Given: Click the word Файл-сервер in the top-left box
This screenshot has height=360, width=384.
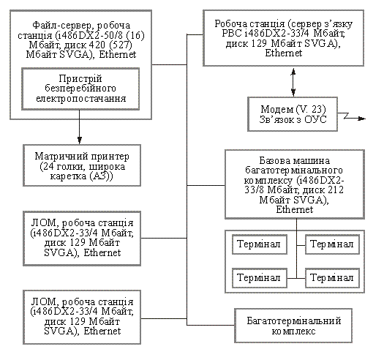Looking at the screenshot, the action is tap(63, 25).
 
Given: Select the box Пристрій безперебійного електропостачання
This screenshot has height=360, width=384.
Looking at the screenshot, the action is tap(80, 89).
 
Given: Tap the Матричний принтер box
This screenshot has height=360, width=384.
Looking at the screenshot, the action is tap(82, 165).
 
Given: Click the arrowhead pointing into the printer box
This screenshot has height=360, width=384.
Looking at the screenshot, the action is tap(79, 140).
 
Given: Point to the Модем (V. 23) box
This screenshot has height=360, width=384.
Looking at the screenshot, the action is tap(293, 114).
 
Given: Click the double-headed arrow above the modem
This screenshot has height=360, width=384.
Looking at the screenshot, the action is tap(293, 82).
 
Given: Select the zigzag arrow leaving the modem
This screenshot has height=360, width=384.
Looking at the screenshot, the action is tap(352, 116).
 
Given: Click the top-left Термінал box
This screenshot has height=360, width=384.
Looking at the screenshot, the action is tap(260, 244).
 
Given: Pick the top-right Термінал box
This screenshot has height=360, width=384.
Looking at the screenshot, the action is tap(332, 244).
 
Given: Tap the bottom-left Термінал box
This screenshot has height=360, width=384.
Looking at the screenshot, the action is tap(260, 278).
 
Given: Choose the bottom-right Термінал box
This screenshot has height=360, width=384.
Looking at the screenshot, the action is tap(332, 278).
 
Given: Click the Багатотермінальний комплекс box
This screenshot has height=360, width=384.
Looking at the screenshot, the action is tap(293, 326).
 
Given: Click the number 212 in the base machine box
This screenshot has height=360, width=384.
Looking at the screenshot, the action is tap(335, 190).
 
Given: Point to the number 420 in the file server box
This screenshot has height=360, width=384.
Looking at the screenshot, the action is tap(97, 45).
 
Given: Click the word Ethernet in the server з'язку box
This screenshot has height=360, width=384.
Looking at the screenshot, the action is tap(283, 53).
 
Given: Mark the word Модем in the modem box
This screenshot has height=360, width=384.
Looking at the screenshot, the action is tap(276, 109).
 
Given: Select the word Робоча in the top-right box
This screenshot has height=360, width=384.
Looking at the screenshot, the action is tap(230, 24).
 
